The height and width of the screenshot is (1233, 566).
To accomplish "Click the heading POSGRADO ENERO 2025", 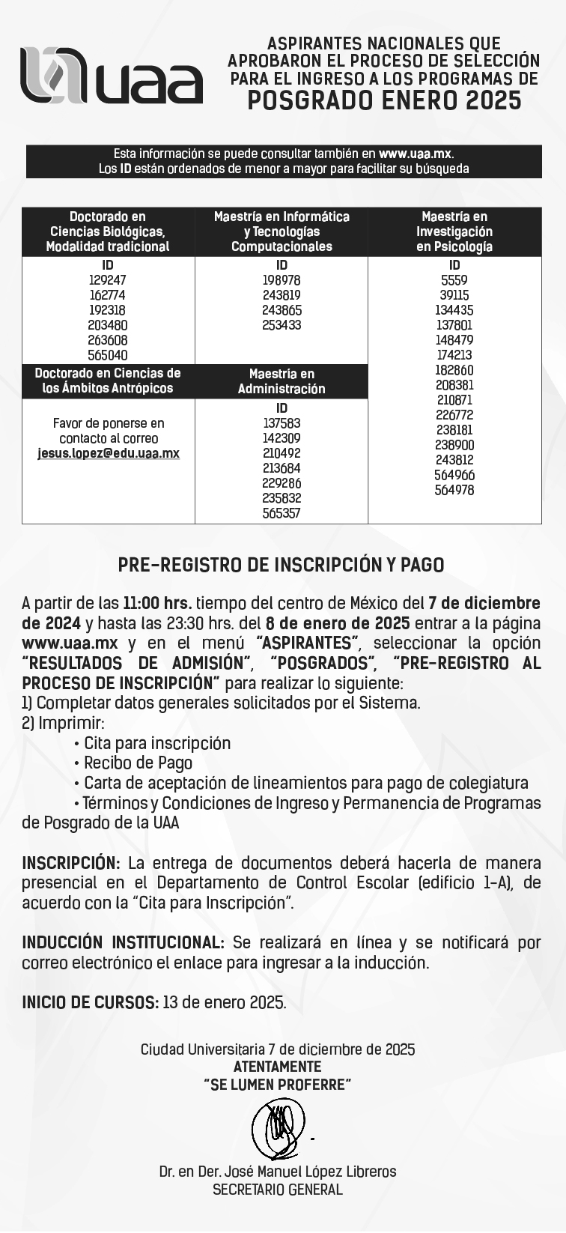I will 383,100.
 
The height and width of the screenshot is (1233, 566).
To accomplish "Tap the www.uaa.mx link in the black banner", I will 416,154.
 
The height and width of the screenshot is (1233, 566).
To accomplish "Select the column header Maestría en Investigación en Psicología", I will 454,231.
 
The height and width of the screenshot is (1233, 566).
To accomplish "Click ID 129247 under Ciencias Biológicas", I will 108,280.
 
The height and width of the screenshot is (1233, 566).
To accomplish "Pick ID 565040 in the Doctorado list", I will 108,356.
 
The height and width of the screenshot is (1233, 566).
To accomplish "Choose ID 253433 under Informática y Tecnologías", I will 282,325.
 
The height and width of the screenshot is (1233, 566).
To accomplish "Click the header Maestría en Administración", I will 282,381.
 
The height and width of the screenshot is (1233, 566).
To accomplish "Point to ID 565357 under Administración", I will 282,513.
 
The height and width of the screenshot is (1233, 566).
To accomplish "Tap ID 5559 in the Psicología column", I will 454,280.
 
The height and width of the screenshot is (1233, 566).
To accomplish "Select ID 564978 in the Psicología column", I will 454,491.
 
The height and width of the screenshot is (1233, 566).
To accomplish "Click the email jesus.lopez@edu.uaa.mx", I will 109,453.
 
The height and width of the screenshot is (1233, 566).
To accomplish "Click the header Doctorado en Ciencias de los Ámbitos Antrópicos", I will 108,381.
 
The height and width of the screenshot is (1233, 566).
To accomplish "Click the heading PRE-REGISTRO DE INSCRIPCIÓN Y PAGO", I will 282,566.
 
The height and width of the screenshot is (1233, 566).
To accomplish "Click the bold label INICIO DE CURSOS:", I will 90,1002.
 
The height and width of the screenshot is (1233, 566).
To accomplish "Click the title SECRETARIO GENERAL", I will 278,1190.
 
